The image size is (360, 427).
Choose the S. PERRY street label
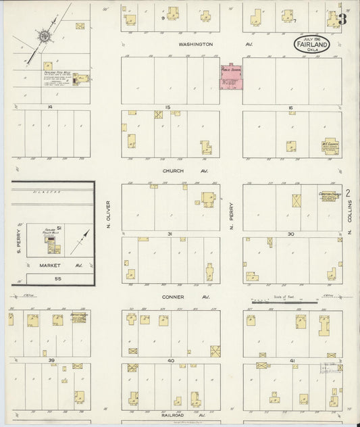pos(20,239)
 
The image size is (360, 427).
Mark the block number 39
pos(51,361)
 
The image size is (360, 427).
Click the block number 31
pos(171,234)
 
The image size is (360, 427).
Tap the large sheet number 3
pos(342,20)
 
